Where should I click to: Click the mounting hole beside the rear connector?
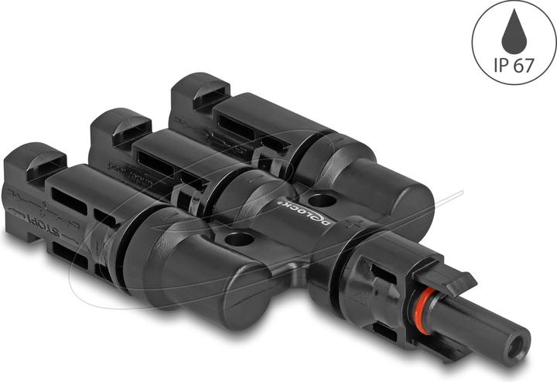click(x=323, y=200)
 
